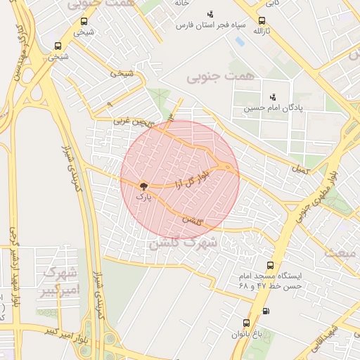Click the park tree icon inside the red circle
click(x=143, y=186)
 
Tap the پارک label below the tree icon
click(x=143, y=198)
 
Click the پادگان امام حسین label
click(x=271, y=109)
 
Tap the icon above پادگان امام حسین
click(x=272, y=97)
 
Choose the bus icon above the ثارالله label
click(x=262, y=20)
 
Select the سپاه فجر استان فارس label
click(x=210, y=26)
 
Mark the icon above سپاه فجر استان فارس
click(x=210, y=14)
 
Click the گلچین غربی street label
click(x=132, y=121)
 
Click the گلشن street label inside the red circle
click(x=192, y=221)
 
